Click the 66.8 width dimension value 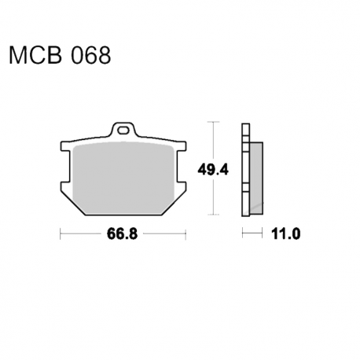pyautogui.click(x=122, y=234)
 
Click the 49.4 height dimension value pyautogui.click(x=213, y=170)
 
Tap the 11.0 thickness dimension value pyautogui.click(x=285, y=234)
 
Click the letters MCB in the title pyautogui.click(x=35, y=55)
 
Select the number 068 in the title pyautogui.click(x=91, y=55)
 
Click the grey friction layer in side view pyautogui.click(x=256, y=178)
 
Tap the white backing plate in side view pyautogui.click(x=246, y=170)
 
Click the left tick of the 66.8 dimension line pyautogui.click(x=61, y=233)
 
